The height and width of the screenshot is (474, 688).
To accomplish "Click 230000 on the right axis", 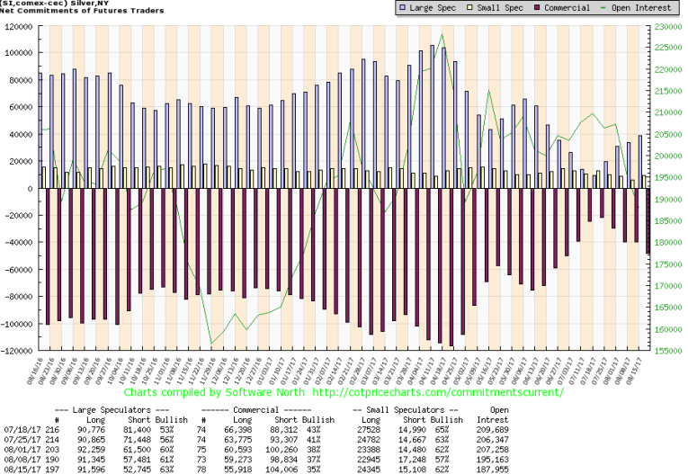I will [666, 26].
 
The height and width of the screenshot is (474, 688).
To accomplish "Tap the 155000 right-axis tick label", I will [666, 350].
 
